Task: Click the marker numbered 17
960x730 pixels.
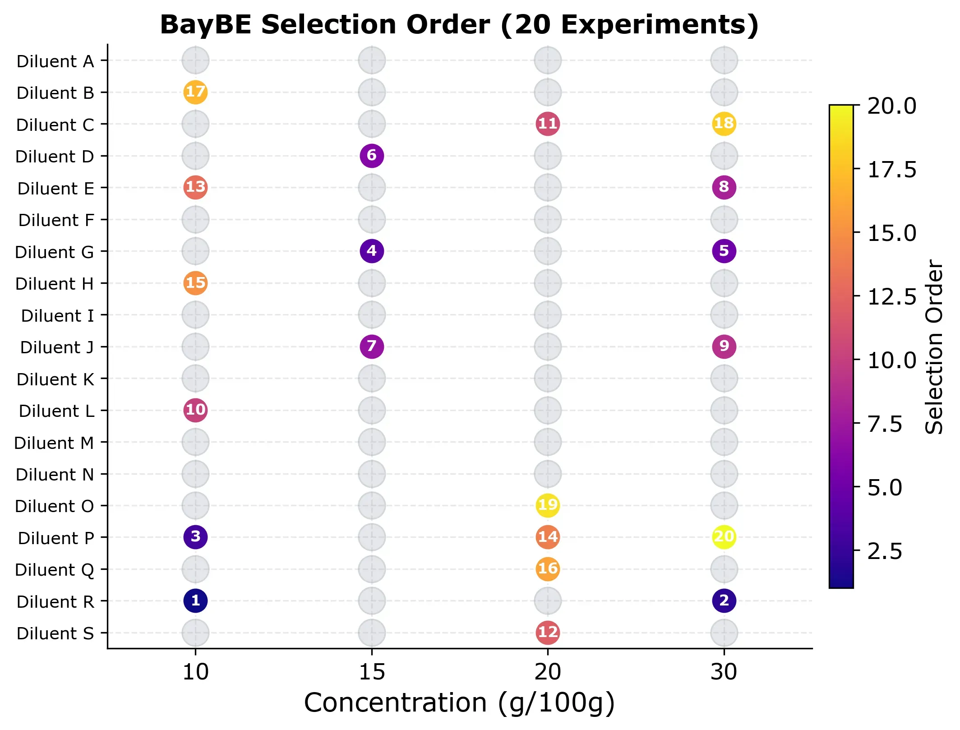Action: coord(195,92)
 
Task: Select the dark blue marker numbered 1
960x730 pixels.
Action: coord(195,601)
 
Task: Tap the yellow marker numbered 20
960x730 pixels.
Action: coord(724,537)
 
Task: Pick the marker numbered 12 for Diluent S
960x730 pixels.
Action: coord(548,632)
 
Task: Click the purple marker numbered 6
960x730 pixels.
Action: coord(372,156)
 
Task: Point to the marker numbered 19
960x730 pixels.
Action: coord(548,505)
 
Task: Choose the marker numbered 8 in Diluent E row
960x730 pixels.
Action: coord(724,187)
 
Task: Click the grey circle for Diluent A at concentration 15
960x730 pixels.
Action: coord(372,60)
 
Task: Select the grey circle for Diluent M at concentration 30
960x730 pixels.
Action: coord(724,442)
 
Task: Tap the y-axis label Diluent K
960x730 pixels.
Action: coord(55,379)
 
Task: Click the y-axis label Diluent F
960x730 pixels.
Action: coord(56,220)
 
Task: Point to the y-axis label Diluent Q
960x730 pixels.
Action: coord(54,570)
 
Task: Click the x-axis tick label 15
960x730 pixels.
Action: coord(372,672)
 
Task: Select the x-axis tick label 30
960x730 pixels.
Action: coord(724,672)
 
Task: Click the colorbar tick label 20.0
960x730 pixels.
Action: coord(891,106)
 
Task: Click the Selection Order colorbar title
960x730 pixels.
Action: coord(934,347)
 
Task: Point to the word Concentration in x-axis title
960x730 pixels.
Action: coord(396,703)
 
